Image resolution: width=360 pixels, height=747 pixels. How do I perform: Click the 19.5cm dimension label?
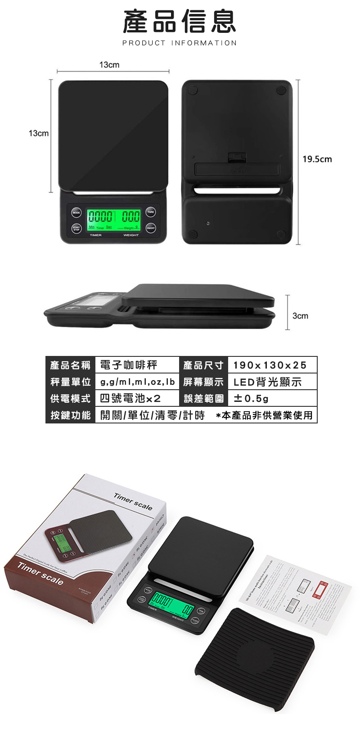point(317,159)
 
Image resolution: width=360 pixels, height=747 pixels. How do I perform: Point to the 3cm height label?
point(300,316)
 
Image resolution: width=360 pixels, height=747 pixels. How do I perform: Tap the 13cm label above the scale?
point(109,65)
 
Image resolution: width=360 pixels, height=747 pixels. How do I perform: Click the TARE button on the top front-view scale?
point(151,212)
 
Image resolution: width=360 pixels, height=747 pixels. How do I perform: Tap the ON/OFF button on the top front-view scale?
point(151,228)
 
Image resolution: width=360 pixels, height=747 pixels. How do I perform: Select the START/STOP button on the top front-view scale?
point(76,228)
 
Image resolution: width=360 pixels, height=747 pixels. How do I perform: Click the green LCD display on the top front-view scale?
point(113,220)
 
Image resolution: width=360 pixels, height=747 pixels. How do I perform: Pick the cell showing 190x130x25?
point(270,365)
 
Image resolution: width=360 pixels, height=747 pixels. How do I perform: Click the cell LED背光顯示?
point(267,382)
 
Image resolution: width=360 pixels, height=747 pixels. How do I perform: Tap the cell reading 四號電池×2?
point(130,398)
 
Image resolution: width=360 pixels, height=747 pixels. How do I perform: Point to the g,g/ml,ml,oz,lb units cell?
point(137,382)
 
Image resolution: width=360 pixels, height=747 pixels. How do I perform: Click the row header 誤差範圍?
point(203,398)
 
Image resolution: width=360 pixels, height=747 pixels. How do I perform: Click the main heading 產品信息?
point(180,22)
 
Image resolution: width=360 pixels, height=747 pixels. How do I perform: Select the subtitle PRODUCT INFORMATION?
point(180,43)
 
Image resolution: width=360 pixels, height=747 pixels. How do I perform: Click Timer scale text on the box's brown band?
point(40,573)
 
